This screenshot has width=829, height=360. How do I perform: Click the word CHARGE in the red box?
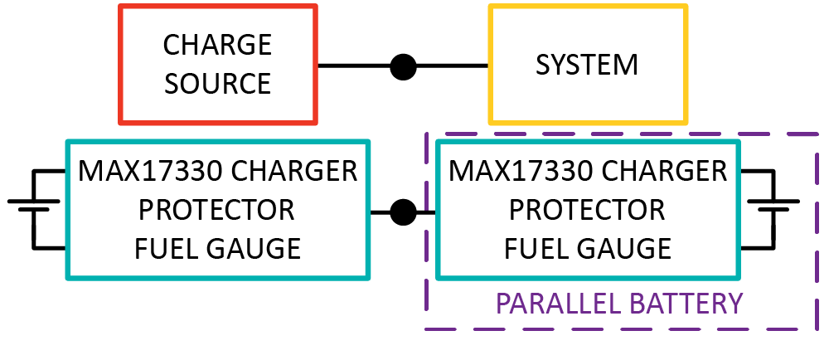[x=217, y=44]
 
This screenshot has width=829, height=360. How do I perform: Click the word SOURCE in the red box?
[x=217, y=84]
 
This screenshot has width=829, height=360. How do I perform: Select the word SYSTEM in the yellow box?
[x=587, y=64]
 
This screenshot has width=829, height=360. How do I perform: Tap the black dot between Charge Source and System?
[x=404, y=66]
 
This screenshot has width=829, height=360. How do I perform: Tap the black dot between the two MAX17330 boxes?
[x=404, y=212]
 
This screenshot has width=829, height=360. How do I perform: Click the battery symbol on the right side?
[x=773, y=206]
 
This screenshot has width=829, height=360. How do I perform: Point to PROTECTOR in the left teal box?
[x=216, y=210]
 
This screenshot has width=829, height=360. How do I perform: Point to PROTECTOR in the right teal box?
[x=587, y=210]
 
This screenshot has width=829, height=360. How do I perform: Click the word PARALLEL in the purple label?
[x=556, y=304]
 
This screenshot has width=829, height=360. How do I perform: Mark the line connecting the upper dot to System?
[x=453, y=66]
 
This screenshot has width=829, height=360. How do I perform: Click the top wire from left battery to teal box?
[x=50, y=172]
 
